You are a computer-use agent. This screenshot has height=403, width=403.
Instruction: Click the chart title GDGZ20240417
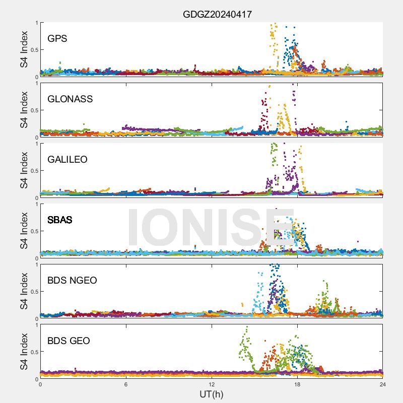click(x=217, y=15)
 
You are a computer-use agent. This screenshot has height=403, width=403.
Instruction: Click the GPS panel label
click(x=57, y=38)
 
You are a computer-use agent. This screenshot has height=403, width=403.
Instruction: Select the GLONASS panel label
click(x=70, y=99)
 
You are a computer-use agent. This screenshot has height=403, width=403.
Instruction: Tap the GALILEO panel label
click(x=68, y=159)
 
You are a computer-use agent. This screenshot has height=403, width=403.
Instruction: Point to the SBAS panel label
click(x=60, y=220)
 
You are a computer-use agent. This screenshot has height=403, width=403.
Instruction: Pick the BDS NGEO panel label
click(x=72, y=280)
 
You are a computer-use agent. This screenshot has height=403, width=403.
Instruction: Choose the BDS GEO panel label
click(x=69, y=341)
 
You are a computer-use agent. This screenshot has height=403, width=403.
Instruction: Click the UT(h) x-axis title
click(x=212, y=393)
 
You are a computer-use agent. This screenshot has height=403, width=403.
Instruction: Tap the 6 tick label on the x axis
click(x=126, y=384)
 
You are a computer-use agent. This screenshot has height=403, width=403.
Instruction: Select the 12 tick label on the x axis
click(x=212, y=384)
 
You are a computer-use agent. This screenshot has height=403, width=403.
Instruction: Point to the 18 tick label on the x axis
click(x=297, y=384)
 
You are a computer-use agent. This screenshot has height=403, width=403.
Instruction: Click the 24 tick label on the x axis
click(x=383, y=384)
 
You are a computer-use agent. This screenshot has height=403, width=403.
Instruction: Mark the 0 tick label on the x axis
click(x=40, y=384)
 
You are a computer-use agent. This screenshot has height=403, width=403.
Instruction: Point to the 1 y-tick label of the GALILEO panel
click(x=36, y=144)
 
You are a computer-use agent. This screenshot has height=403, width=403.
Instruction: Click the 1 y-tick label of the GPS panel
click(x=36, y=23)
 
